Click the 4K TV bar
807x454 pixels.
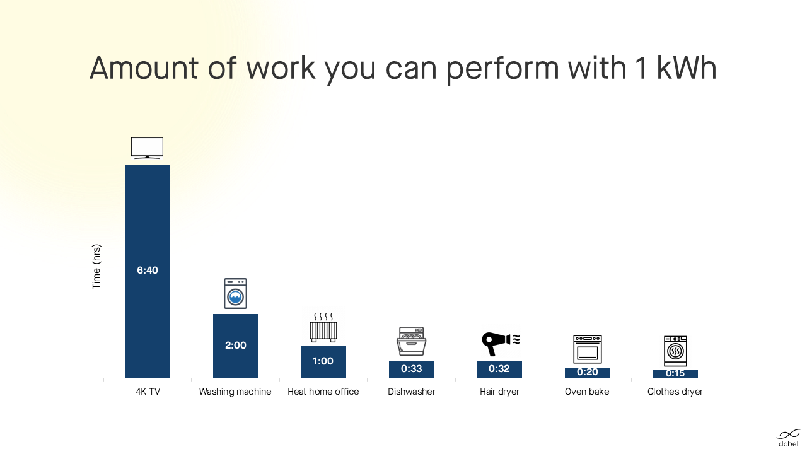[x=148, y=271]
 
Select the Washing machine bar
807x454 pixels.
[x=235, y=346]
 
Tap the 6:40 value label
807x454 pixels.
[x=148, y=271]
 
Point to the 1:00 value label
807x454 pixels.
[x=323, y=361]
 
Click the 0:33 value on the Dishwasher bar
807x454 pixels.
[x=412, y=369]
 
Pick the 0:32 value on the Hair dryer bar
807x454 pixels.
[x=499, y=369]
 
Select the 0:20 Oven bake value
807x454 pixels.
[x=587, y=372]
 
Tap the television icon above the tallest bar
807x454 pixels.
[x=147, y=148]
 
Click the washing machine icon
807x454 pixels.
[x=235, y=293]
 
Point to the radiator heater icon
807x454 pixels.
[x=323, y=327]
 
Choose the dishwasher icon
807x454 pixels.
[x=412, y=341]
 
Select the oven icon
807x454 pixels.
[x=588, y=349]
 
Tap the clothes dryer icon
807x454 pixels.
[x=675, y=351]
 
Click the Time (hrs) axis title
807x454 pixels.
[x=96, y=267]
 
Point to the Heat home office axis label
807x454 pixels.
[x=323, y=392]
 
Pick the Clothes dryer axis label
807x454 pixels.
[x=675, y=392]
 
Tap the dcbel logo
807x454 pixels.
[x=788, y=438]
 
